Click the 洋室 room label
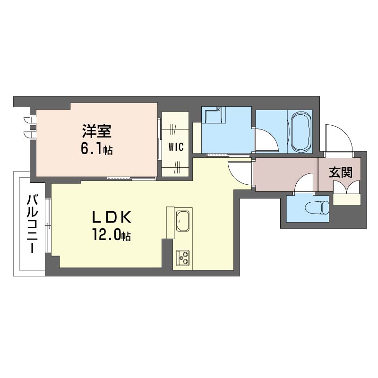click(97, 131)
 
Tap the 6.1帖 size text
click(96, 149)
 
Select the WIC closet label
click(176, 146)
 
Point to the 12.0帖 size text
click(111, 235)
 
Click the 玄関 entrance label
click(341, 172)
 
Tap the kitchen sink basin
click(183, 221)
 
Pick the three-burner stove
click(183, 258)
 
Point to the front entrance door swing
click(339, 137)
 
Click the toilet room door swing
click(304, 183)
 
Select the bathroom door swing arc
click(266, 140)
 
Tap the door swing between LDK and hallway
click(240, 173)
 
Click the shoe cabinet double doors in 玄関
click(346, 187)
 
